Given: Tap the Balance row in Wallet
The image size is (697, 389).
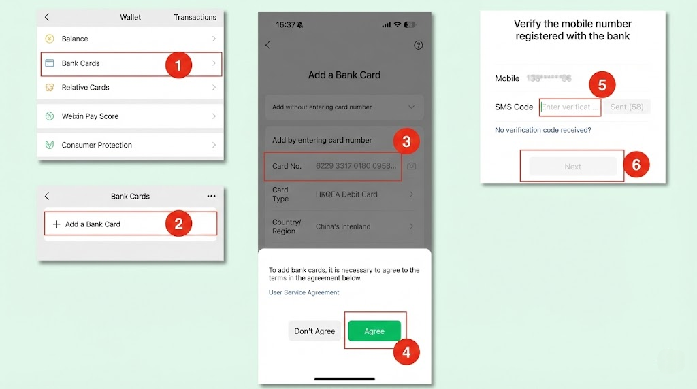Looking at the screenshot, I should (130, 39).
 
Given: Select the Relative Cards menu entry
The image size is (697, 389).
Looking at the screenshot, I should (130, 88).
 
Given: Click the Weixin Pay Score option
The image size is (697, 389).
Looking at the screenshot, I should (130, 116).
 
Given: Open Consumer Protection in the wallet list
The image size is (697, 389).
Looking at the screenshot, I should (130, 145).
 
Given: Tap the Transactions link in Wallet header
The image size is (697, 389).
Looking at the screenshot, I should (195, 17).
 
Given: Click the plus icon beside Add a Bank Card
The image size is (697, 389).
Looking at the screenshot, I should (56, 224).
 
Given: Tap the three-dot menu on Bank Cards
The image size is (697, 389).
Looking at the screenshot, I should (211, 197).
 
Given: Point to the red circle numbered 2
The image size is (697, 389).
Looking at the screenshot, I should (178, 224).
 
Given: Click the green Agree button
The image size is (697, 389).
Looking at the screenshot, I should (374, 331).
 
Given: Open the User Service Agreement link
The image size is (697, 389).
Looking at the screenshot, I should (304, 292).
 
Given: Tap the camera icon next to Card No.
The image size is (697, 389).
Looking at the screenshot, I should (411, 166).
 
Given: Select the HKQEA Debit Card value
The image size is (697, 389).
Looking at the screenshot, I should (346, 194).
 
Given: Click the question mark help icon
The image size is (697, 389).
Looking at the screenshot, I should (419, 45).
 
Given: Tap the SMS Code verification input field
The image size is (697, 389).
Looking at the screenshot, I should (570, 107).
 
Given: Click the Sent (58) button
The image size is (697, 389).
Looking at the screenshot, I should (627, 107).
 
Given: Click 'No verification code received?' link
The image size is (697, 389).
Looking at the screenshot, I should (542, 130).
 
